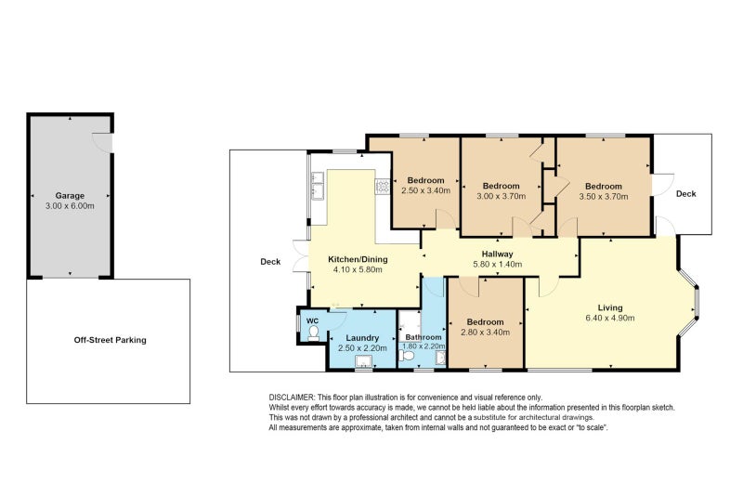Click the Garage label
[70, 196]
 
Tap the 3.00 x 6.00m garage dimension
[70, 206]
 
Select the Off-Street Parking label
[110, 340]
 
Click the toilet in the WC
[313, 333]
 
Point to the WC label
[313, 320]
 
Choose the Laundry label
[362, 338]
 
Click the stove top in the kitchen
[383, 186]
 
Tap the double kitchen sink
[317, 186]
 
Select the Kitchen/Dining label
[358, 259]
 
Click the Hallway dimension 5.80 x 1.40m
[498, 265]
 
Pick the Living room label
[610, 307]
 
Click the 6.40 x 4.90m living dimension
[610, 318]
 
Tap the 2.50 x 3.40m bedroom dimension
[426, 190]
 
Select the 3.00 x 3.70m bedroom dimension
[502, 196]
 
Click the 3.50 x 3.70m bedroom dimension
[604, 197]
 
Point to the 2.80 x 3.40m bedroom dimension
[485, 333]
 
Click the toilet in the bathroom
[404, 356]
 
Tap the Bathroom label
[424, 337]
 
